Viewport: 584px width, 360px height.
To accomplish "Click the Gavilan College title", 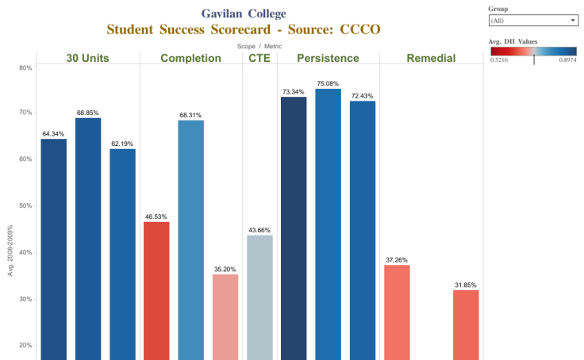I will pos(244,13).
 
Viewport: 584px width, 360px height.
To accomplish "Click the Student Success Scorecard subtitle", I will pos(244,29).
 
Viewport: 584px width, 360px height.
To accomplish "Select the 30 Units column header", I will pos(88,58).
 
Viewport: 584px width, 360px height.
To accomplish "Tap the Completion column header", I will pos(190,58).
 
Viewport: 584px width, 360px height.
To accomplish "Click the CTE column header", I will pos(259,58).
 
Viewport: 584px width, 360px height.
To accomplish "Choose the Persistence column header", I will pos(328,58).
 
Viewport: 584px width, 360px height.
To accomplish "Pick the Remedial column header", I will pos(431,58).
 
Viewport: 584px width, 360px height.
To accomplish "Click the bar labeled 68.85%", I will pos(88,238).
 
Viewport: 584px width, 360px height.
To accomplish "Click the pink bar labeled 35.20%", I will pos(225,316).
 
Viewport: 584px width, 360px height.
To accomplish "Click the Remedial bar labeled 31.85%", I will pos(466,324).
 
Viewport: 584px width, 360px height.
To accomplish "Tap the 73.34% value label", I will pos(294,91).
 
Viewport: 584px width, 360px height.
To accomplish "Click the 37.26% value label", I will pos(397,259).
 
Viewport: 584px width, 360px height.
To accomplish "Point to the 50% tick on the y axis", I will pos(25,206).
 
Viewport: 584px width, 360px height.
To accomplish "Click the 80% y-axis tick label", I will pos(25,67).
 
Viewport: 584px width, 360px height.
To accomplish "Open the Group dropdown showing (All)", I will pos(532,21).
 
